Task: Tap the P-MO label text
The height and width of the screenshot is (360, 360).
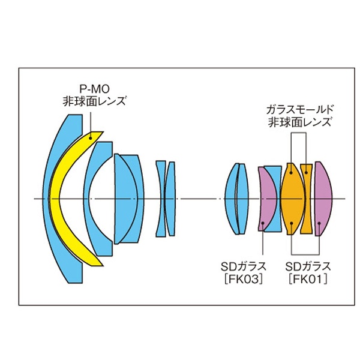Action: pos(94,89)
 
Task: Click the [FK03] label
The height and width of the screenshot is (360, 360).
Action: pos(244,280)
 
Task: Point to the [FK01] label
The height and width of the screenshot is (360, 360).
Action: pos(308,280)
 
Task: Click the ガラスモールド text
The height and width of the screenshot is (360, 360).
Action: pos(299,110)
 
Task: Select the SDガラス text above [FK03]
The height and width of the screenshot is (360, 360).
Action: pos(244,266)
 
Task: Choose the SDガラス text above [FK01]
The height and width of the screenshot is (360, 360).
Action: pos(308,266)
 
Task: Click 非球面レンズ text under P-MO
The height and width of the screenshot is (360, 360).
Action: pos(94,101)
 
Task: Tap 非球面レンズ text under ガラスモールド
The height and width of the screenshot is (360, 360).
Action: pos(299,122)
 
